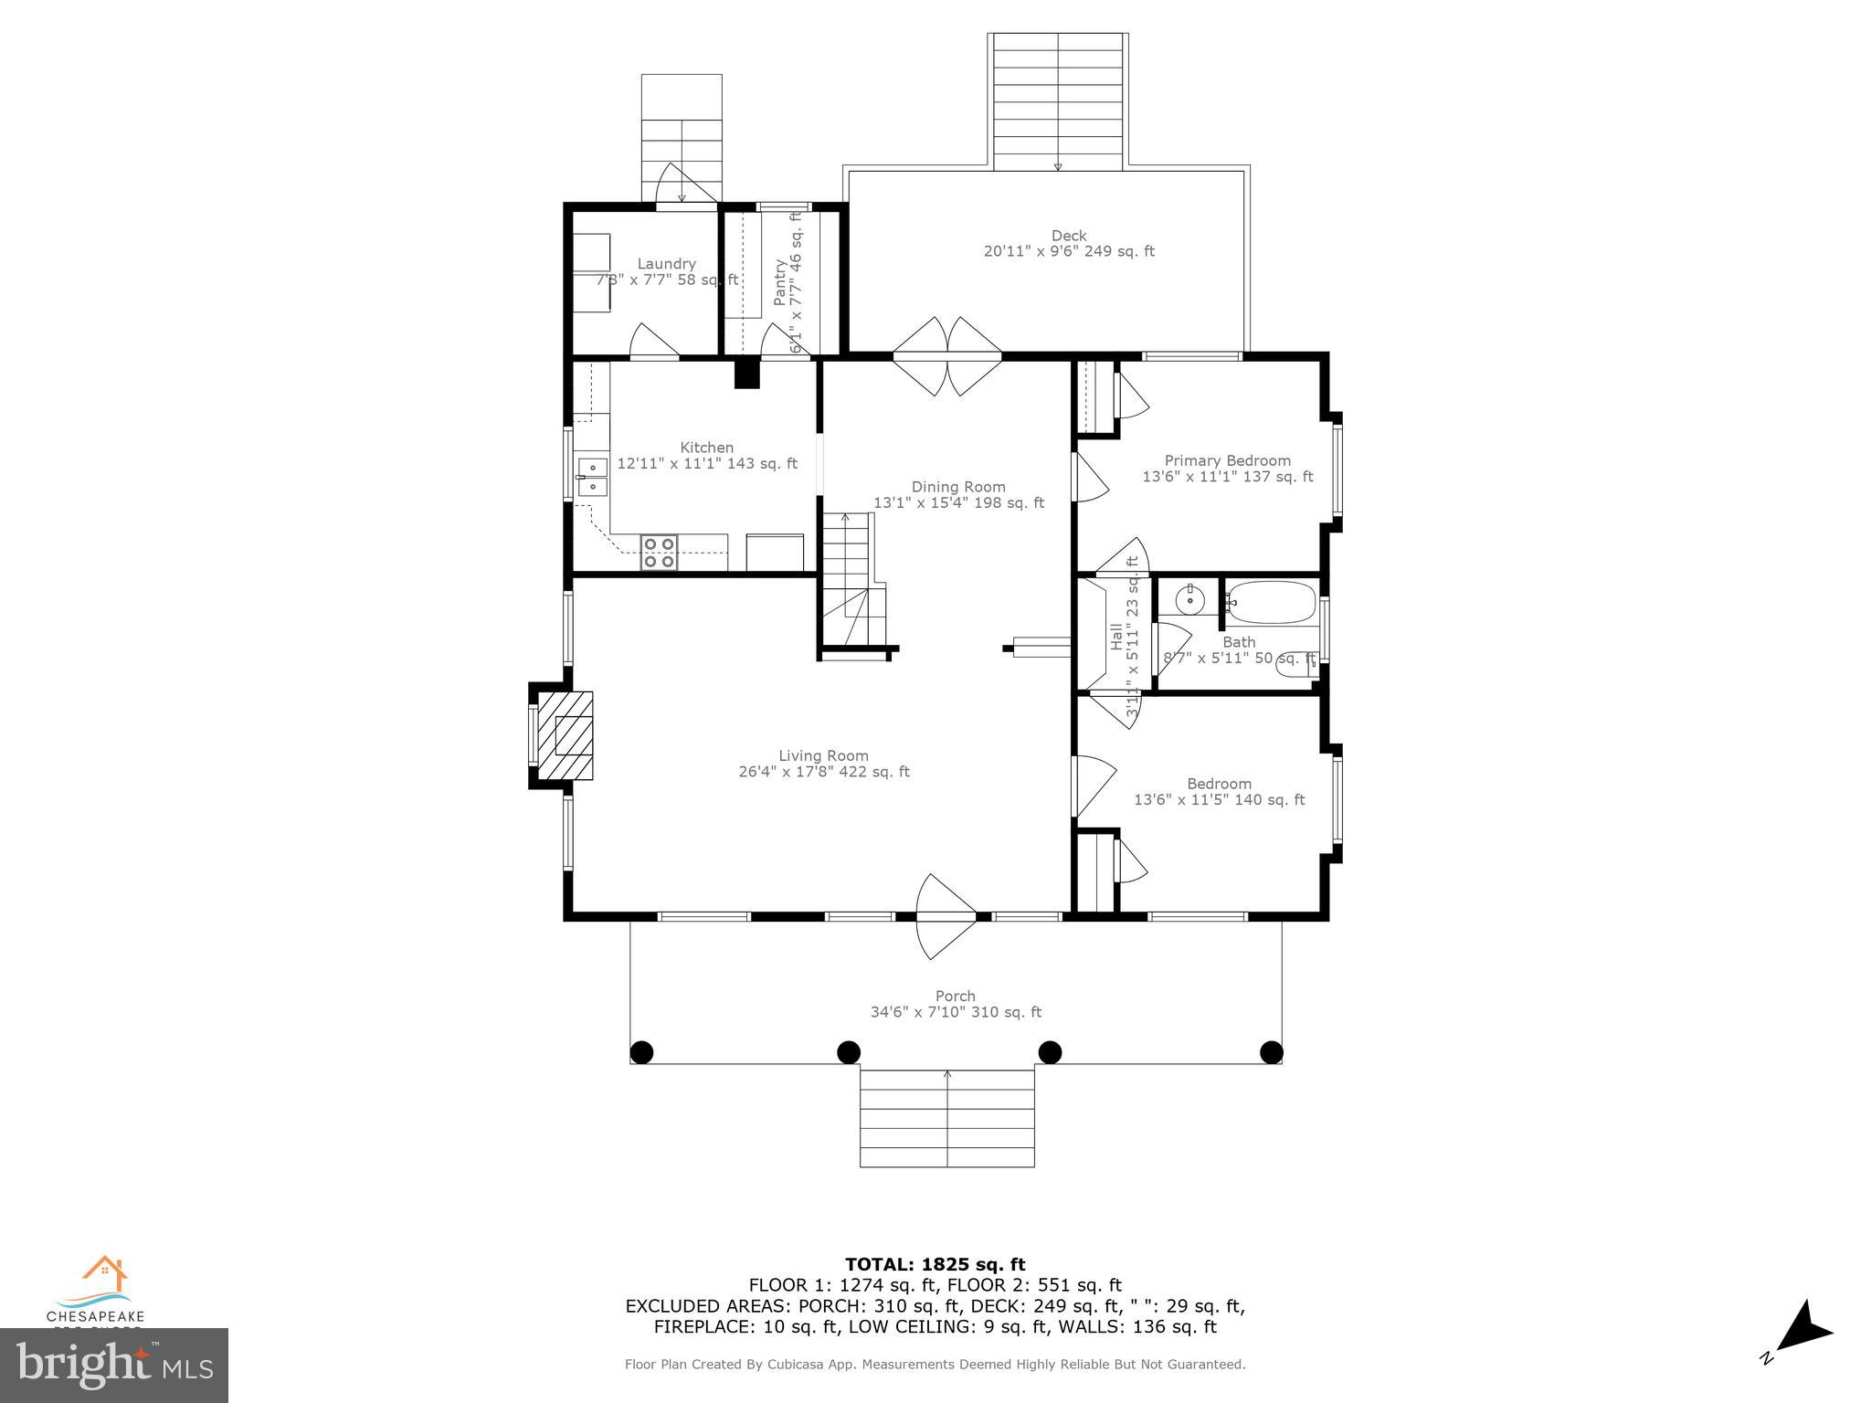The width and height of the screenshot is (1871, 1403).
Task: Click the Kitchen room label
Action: [706, 448]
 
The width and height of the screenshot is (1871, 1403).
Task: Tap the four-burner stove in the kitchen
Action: [659, 553]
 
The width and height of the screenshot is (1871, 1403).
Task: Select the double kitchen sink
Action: [592, 478]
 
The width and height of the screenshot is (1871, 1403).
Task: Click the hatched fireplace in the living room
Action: [565, 735]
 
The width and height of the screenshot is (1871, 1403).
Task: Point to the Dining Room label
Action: [958, 487]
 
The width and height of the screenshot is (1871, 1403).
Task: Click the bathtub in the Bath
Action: [1271, 603]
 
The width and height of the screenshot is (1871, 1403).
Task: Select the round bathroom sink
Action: [1190, 600]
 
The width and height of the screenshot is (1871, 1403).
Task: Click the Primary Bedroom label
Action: [1227, 460]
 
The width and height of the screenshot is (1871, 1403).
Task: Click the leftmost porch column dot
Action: [642, 1052]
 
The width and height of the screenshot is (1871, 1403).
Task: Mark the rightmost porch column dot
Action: [1271, 1052]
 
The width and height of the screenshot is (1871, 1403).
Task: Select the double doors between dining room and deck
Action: [947, 355]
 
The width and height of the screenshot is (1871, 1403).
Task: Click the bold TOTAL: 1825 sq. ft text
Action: [935, 1264]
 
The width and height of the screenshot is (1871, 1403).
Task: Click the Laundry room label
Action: [666, 264]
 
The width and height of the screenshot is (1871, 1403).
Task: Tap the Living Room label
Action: [823, 755]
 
